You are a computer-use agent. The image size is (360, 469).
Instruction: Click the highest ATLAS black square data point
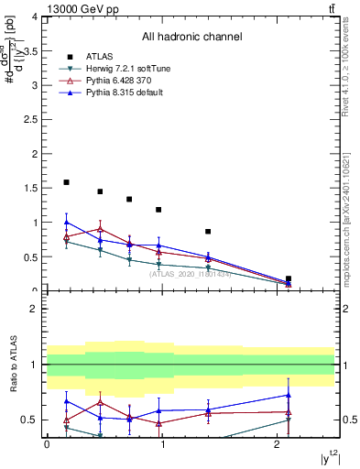(x=66, y=182)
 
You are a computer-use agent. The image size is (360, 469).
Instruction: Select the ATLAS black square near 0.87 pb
(x=208, y=232)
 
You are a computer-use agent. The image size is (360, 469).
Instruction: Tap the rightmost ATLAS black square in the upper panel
(x=289, y=278)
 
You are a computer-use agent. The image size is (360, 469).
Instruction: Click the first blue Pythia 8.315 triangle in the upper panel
(x=66, y=222)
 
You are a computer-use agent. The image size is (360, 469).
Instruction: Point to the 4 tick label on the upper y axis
(x=34, y=17)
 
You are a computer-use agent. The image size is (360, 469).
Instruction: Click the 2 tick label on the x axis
(x=278, y=443)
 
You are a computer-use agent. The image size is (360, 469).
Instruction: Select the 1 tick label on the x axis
(x=162, y=443)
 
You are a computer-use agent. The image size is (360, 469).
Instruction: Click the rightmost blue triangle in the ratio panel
(x=289, y=395)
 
